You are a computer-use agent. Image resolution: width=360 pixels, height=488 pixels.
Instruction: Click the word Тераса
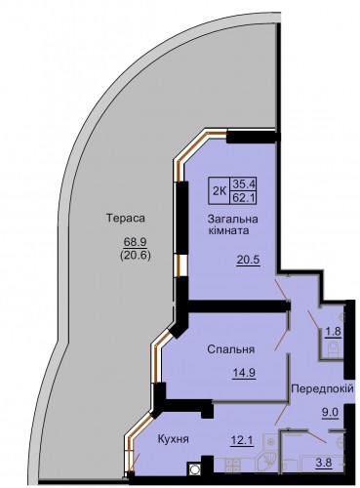126,218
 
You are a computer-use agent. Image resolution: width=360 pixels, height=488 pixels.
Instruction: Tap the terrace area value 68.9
135,242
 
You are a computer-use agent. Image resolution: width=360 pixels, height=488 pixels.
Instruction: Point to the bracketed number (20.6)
135,256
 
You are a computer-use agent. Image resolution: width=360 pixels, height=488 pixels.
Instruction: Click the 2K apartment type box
220,190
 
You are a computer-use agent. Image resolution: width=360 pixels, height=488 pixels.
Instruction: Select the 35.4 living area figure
243,184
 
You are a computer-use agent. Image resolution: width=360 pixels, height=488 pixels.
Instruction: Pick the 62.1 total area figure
243,197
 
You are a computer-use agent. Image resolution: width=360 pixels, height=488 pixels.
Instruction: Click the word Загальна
233,219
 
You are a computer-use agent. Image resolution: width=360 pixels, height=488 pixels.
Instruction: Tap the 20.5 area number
249,261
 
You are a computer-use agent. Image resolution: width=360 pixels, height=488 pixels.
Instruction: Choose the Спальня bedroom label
231,349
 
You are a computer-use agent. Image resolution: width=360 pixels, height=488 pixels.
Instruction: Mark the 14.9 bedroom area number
244,373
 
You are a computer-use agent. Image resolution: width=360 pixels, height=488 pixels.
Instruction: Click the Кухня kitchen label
174,439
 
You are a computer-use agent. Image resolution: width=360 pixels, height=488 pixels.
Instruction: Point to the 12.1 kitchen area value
242,441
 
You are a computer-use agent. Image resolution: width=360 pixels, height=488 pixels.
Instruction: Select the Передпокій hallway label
322,388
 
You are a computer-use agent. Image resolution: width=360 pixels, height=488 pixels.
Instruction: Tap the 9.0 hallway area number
331,413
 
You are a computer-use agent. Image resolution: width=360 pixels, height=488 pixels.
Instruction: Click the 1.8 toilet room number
334,332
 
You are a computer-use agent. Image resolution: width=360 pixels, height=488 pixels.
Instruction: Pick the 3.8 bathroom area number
324,462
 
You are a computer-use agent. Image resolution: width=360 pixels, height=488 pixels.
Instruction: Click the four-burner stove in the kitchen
232,466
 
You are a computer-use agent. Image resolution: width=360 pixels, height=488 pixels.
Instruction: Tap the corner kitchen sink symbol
266,462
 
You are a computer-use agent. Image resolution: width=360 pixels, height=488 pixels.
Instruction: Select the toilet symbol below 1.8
334,349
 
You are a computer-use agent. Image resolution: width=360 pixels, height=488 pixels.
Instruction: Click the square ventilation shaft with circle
194,469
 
